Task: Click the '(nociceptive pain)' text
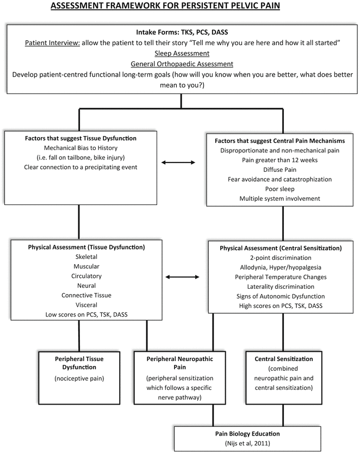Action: (x=79, y=378)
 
